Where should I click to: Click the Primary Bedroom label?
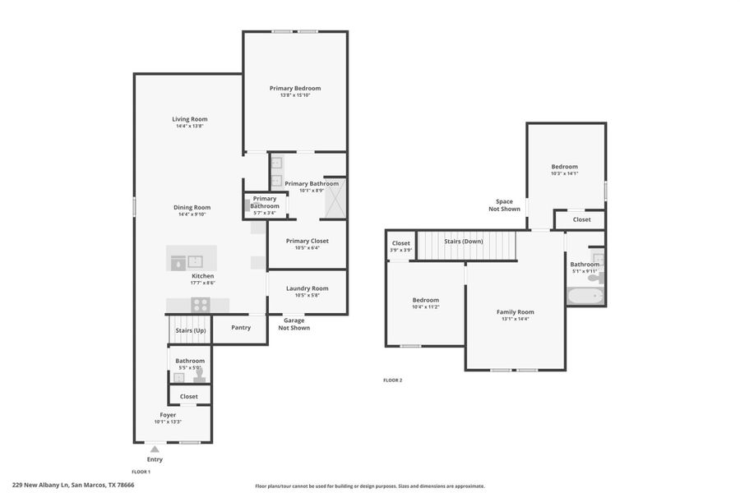click(x=295, y=88)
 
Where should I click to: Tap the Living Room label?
click(x=189, y=119)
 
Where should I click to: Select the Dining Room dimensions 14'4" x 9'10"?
click(x=192, y=214)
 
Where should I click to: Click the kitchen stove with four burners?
click(x=201, y=304)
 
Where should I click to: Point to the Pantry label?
click(x=241, y=327)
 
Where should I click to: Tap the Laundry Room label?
click(x=307, y=288)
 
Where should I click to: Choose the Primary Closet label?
click(x=307, y=241)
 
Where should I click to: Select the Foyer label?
click(x=168, y=415)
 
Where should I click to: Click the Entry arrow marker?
click(x=155, y=449)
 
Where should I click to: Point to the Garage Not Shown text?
click(x=294, y=324)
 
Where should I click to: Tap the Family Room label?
click(x=515, y=311)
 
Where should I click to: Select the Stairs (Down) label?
click(x=464, y=241)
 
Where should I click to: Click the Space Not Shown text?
click(x=504, y=205)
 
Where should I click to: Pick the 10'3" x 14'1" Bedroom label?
click(x=564, y=167)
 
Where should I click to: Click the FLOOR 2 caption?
click(x=393, y=380)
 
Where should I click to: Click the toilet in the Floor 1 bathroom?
click(x=198, y=376)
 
